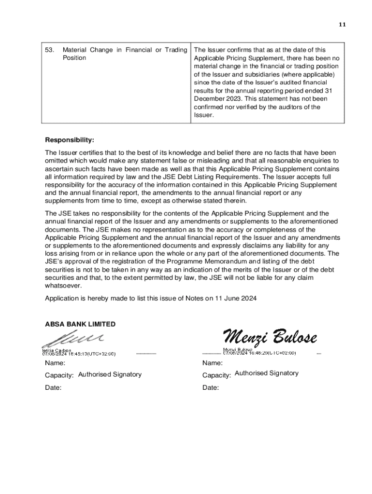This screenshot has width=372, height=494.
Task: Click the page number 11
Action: click(x=343, y=25)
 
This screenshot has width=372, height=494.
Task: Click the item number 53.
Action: click(x=49, y=50)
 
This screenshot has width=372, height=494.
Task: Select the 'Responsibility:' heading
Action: click(x=70, y=140)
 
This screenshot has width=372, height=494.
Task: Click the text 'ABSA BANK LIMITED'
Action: click(x=80, y=324)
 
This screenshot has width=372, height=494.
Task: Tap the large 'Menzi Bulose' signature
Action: click(x=270, y=336)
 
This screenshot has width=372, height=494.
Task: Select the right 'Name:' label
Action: click(x=213, y=363)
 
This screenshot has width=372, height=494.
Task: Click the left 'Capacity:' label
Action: click(x=59, y=375)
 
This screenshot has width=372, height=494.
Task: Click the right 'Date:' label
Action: click(x=211, y=388)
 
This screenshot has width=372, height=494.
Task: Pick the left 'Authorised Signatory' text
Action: click(x=110, y=374)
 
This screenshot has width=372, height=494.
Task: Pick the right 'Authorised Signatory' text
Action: click(x=266, y=373)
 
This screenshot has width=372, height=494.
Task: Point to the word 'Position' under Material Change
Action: click(x=74, y=58)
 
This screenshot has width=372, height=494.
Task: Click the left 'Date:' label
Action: click(x=53, y=388)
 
